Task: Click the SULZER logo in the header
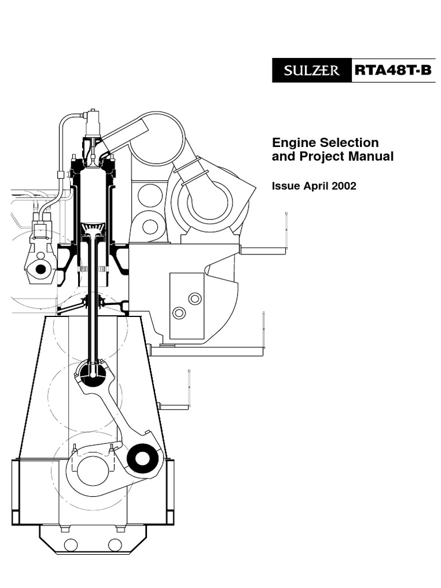[310, 72]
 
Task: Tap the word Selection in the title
[351, 143]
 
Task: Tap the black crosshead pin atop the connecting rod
[91, 373]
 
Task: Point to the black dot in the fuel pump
[41, 269]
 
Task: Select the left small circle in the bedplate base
[71, 544]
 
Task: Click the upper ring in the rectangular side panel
[195, 299]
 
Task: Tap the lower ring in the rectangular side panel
[179, 313]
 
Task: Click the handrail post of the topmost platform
[286, 230]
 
